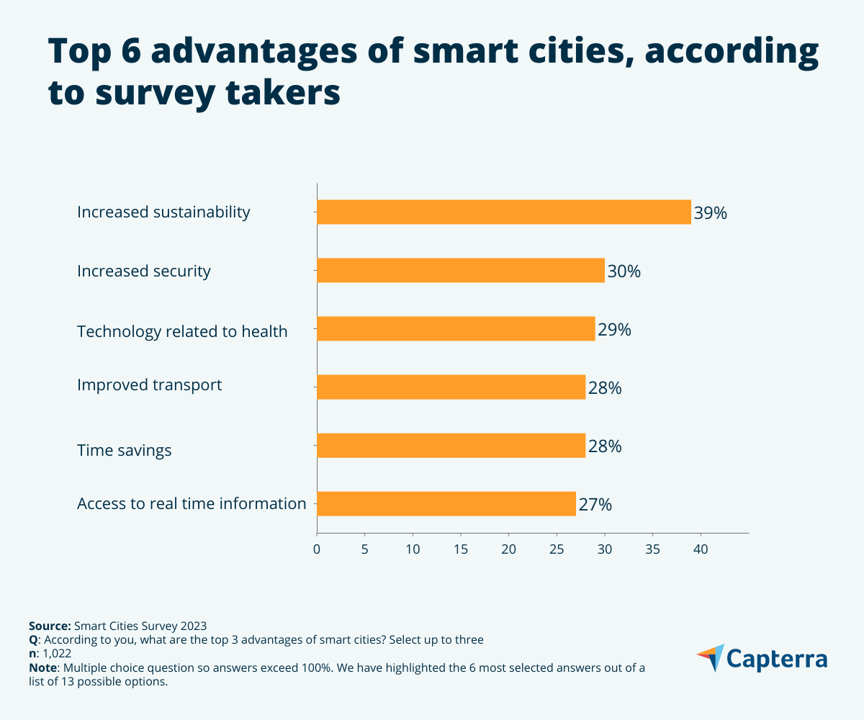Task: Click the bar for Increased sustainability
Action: click(504, 212)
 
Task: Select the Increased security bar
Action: click(461, 271)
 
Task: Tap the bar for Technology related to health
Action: click(456, 329)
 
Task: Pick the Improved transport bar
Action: click(451, 387)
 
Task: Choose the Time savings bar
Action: click(451, 446)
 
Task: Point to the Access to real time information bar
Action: click(446, 504)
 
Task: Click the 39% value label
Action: click(711, 213)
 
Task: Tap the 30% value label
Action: click(624, 271)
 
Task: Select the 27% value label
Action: click(595, 505)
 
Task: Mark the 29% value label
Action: click(614, 330)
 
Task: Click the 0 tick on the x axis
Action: click(317, 550)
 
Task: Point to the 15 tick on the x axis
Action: click(461, 550)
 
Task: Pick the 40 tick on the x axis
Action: click(701, 550)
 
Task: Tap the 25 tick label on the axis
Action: click(557, 550)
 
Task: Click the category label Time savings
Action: click(125, 451)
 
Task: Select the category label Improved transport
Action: click(150, 385)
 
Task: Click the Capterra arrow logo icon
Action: click(711, 657)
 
